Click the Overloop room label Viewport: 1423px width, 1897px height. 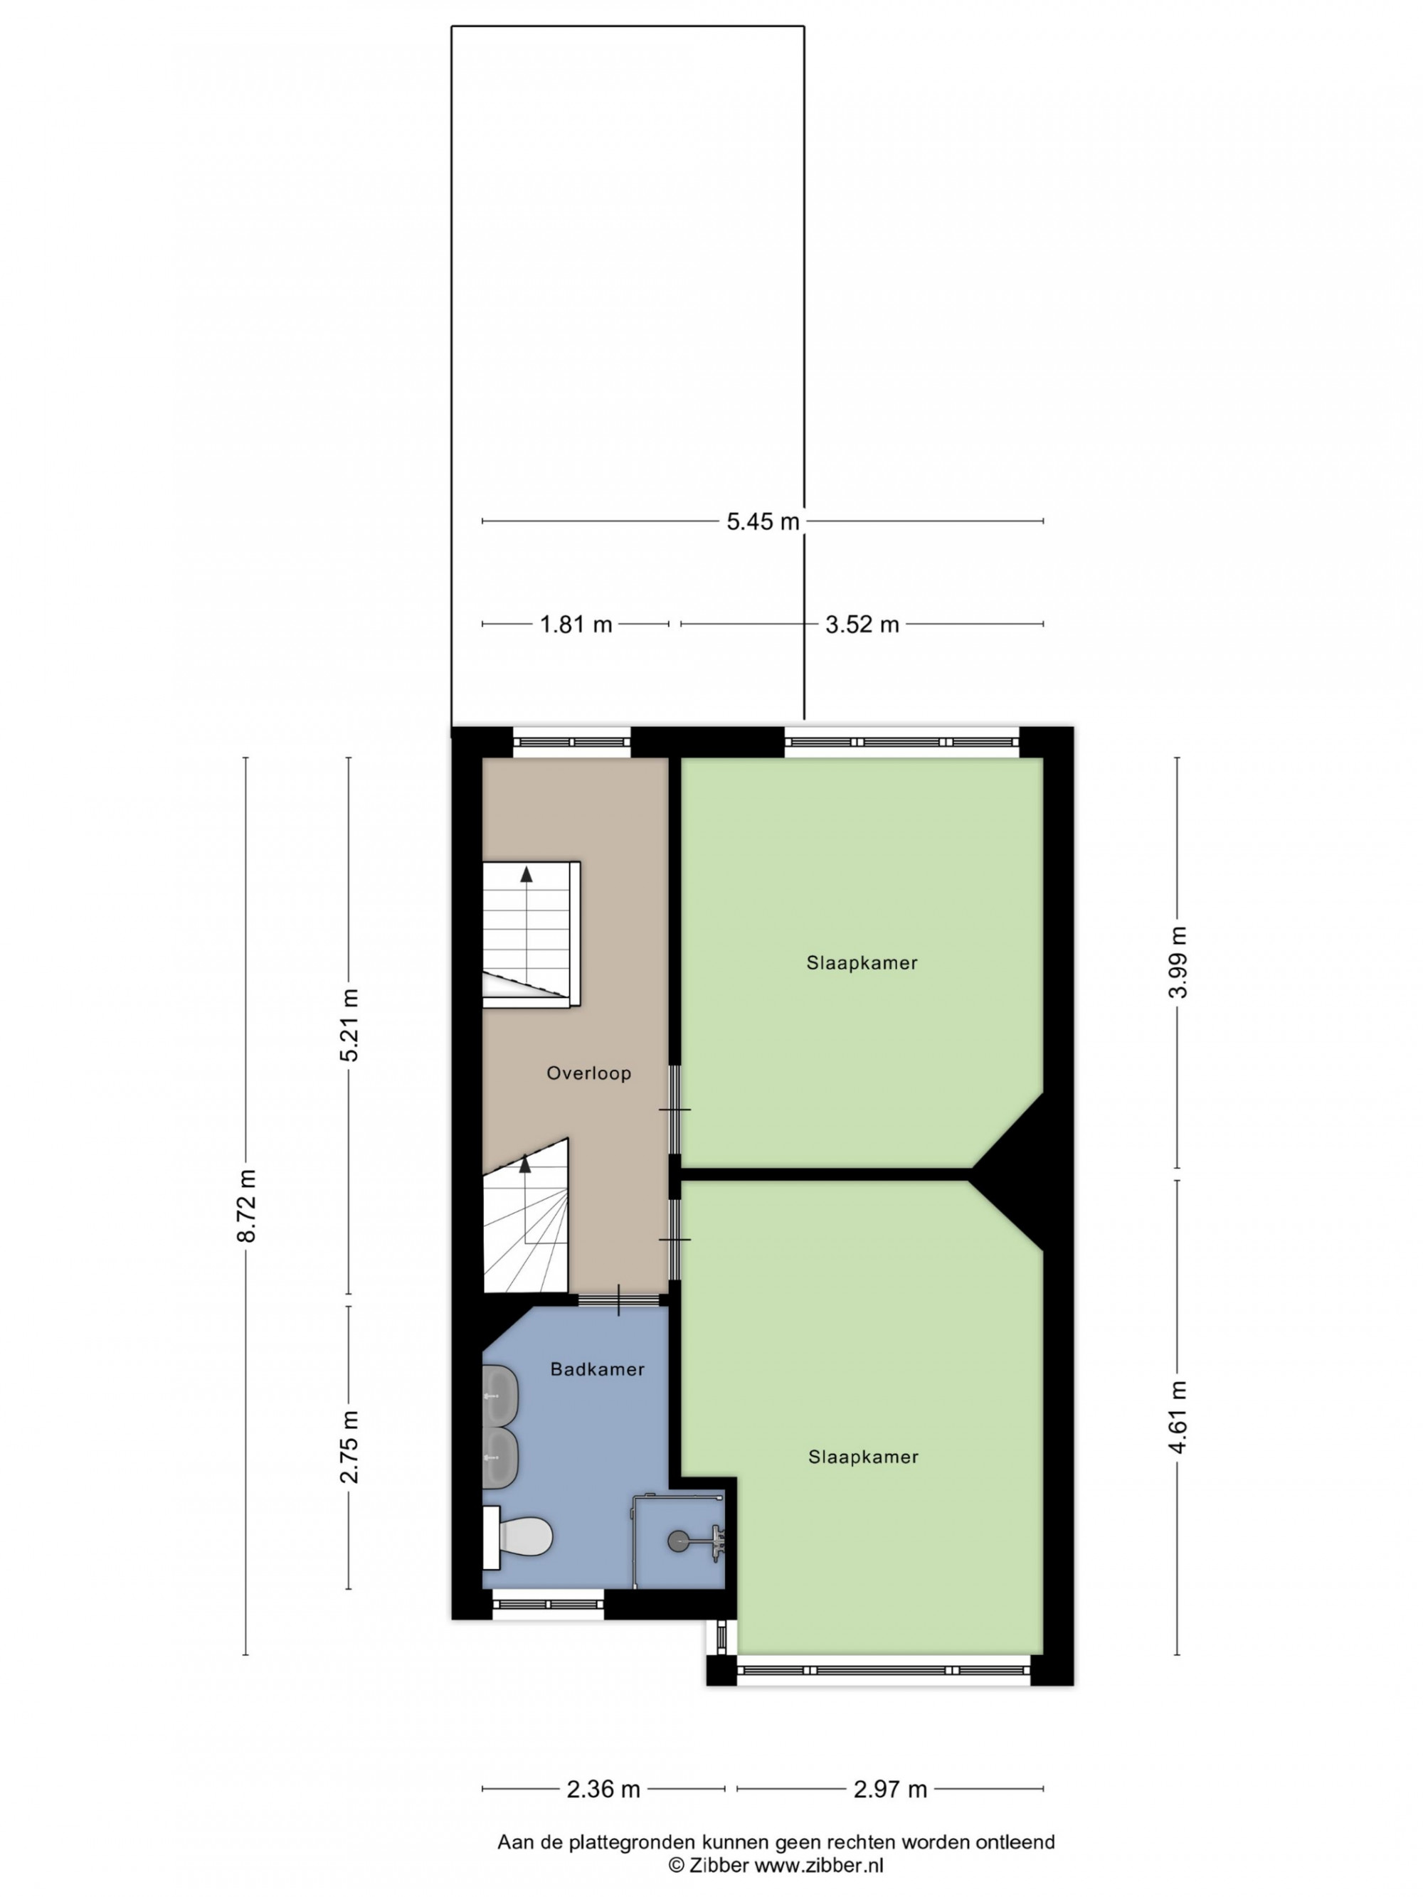click(x=588, y=1073)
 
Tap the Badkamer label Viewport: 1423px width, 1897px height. click(x=597, y=1369)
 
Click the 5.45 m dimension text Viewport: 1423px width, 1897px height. click(x=763, y=521)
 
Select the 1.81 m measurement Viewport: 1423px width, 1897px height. click(x=576, y=625)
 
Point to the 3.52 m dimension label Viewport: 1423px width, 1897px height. click(x=862, y=625)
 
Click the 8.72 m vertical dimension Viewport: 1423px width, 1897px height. click(x=247, y=1205)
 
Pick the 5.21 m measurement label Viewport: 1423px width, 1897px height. click(x=349, y=1025)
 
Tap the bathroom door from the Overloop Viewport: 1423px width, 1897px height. click(x=623, y=1300)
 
